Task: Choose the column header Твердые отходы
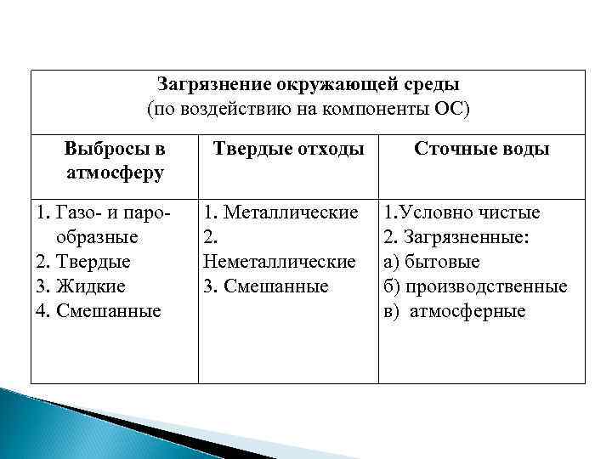(x=288, y=150)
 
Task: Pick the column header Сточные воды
(x=481, y=150)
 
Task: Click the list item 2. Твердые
(x=82, y=262)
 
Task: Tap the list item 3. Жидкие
(x=80, y=286)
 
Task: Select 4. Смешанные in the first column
(x=98, y=311)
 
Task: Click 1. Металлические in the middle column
(x=281, y=212)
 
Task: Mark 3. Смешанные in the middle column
(x=266, y=286)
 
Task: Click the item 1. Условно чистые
(x=462, y=212)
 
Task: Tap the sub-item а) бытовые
(x=432, y=262)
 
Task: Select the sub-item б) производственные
(x=475, y=286)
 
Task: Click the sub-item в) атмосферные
(x=455, y=311)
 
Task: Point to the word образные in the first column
(x=91, y=237)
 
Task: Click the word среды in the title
(x=435, y=86)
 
